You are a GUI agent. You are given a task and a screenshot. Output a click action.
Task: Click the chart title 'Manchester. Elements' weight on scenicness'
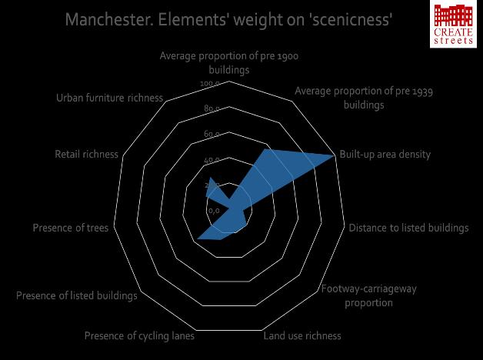(x=230, y=19)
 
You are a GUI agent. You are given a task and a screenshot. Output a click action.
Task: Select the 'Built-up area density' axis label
(x=385, y=155)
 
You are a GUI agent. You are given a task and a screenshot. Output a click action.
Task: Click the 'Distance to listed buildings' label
(x=408, y=228)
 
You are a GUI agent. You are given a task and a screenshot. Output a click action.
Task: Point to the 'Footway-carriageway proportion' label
(x=368, y=296)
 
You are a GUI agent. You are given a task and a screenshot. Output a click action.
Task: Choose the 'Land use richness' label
(x=302, y=336)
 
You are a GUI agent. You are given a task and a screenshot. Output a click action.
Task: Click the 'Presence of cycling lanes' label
(x=139, y=336)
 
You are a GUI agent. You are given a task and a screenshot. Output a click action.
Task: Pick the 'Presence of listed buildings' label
(x=77, y=296)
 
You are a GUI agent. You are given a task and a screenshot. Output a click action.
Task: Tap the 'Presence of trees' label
(x=71, y=228)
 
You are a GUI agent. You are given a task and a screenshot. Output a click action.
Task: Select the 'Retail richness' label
(x=86, y=155)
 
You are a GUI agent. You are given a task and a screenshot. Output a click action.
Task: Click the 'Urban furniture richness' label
(x=109, y=98)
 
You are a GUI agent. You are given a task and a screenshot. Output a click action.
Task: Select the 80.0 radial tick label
(x=212, y=109)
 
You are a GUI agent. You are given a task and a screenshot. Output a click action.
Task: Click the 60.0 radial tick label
(x=212, y=135)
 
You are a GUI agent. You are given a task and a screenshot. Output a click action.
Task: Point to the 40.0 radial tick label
(x=212, y=160)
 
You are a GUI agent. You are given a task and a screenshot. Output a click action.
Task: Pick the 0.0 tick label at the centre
(x=214, y=211)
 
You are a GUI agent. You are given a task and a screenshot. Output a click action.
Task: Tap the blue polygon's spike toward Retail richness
(x=208, y=179)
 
